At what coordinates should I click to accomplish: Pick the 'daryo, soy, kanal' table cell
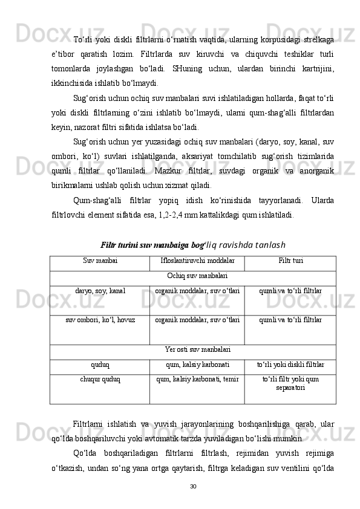tap(100, 291)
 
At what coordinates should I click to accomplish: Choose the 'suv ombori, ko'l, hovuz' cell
tap(100, 319)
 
